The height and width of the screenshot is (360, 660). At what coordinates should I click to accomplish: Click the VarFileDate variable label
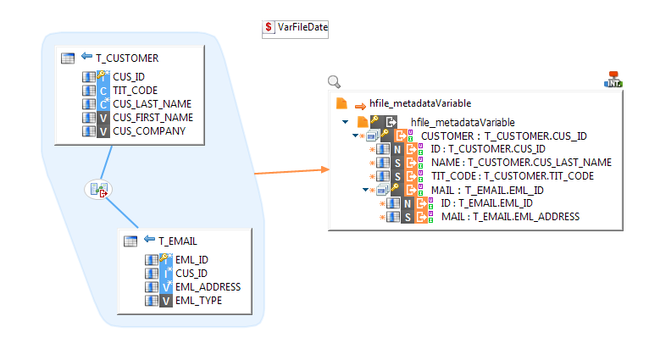click(x=302, y=28)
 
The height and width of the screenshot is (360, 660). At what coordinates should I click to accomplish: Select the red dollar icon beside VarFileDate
click(x=269, y=28)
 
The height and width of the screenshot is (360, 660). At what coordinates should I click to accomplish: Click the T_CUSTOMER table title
click(x=127, y=58)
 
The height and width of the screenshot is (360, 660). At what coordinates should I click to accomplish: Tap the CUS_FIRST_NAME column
click(x=153, y=118)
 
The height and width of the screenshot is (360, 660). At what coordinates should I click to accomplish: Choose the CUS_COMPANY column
click(x=148, y=131)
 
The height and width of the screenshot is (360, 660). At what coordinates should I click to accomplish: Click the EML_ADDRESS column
click(x=202, y=286)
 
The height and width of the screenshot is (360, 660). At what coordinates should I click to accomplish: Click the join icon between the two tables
click(x=99, y=190)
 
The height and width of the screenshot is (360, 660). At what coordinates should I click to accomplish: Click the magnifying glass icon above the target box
click(x=334, y=82)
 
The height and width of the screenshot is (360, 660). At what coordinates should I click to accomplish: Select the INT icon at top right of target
click(x=613, y=80)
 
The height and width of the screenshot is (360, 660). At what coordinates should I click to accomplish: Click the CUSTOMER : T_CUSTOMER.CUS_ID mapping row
click(x=503, y=136)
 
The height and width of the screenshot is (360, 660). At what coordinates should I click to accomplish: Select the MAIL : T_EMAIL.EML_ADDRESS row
click(x=510, y=217)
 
